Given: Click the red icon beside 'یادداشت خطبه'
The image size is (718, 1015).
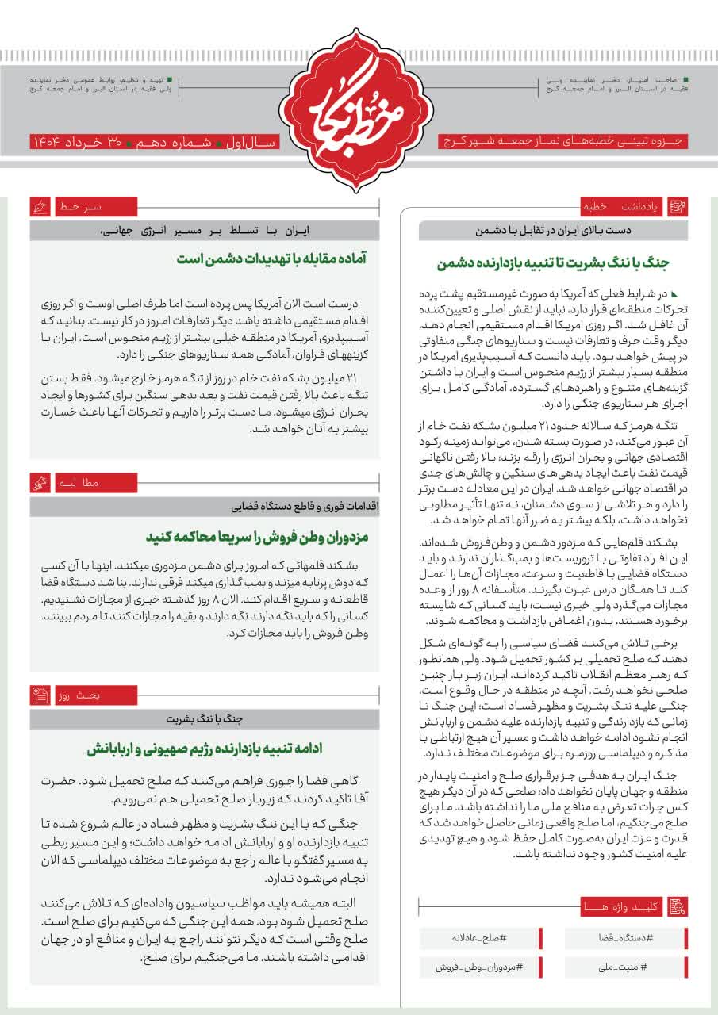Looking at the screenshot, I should [678, 208].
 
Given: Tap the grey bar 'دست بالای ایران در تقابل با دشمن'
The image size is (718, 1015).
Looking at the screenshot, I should [553, 232].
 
